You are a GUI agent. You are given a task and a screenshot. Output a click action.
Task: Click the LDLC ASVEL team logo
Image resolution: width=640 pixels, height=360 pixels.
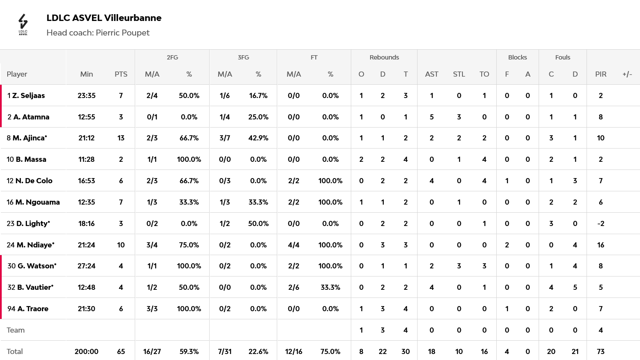[x=23, y=24]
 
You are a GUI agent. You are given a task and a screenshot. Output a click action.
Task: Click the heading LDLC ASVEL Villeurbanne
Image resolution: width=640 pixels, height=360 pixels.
[x=104, y=18]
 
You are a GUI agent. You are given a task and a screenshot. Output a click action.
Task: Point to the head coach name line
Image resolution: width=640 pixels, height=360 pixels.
[x=98, y=33]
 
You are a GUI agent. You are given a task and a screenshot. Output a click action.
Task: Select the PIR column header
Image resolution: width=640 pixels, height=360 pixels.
[x=601, y=74]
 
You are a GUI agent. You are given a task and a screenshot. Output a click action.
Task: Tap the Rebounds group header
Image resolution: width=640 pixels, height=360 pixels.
[x=384, y=57]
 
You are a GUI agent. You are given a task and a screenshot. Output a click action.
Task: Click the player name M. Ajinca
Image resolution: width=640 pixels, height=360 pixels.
[x=30, y=138]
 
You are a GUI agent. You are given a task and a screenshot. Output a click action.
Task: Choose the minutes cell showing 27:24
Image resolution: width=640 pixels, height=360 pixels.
[x=86, y=266]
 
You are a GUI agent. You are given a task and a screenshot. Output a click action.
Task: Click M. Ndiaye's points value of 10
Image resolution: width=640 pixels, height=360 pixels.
[x=121, y=245]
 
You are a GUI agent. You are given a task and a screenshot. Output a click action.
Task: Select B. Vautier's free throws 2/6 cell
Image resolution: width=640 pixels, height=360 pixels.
[x=293, y=287]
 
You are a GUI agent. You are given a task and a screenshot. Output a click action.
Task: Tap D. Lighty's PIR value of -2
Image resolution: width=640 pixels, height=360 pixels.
[x=601, y=223]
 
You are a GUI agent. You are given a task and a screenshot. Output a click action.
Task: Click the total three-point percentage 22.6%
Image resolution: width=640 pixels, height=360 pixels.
[x=258, y=351]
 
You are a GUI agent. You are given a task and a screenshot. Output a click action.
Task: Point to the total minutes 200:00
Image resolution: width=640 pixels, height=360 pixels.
[x=86, y=351]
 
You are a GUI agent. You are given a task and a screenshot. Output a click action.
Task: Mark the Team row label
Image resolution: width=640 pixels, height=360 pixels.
[x=16, y=330]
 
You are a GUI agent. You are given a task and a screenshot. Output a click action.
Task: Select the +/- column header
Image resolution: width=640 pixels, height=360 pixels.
[x=627, y=74]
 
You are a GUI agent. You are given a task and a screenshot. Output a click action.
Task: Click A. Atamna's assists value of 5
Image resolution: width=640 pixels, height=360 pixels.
[x=432, y=117]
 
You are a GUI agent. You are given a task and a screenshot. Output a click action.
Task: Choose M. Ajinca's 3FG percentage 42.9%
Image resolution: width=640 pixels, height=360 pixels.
[x=258, y=138]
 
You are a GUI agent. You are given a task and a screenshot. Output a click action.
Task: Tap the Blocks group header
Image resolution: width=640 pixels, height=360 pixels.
[x=517, y=57]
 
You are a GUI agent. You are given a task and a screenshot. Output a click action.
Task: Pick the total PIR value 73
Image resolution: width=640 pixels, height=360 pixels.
[x=601, y=351]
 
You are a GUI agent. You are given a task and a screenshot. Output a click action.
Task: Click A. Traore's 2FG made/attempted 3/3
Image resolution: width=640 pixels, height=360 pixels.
[x=152, y=309]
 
